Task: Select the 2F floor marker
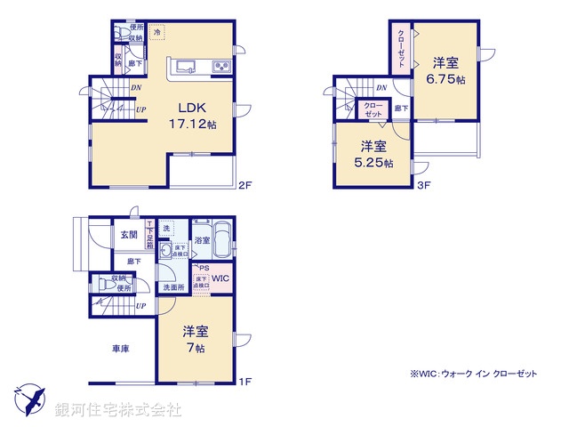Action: pos(246,187)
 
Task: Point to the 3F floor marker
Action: pos(424,187)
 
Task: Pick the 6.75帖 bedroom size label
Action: pos(447,77)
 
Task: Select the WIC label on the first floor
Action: pos(220,279)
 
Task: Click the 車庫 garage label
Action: pos(120,349)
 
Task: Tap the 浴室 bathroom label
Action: pos(201,240)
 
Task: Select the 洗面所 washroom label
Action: pos(173,287)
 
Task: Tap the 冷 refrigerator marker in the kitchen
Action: pos(157,33)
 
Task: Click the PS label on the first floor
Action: pos(204,267)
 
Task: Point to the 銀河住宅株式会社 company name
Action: pos(118,410)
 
